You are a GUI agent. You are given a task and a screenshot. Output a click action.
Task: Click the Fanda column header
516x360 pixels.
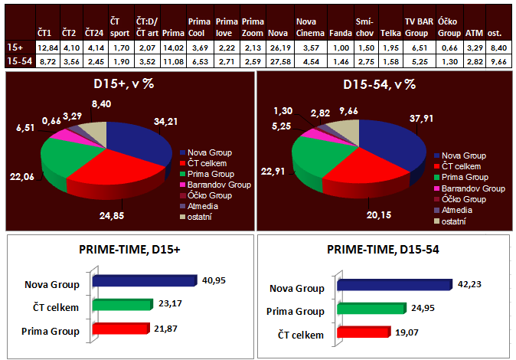coord(340,32)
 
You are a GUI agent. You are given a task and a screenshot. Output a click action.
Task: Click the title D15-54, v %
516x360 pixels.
coord(380,83)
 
